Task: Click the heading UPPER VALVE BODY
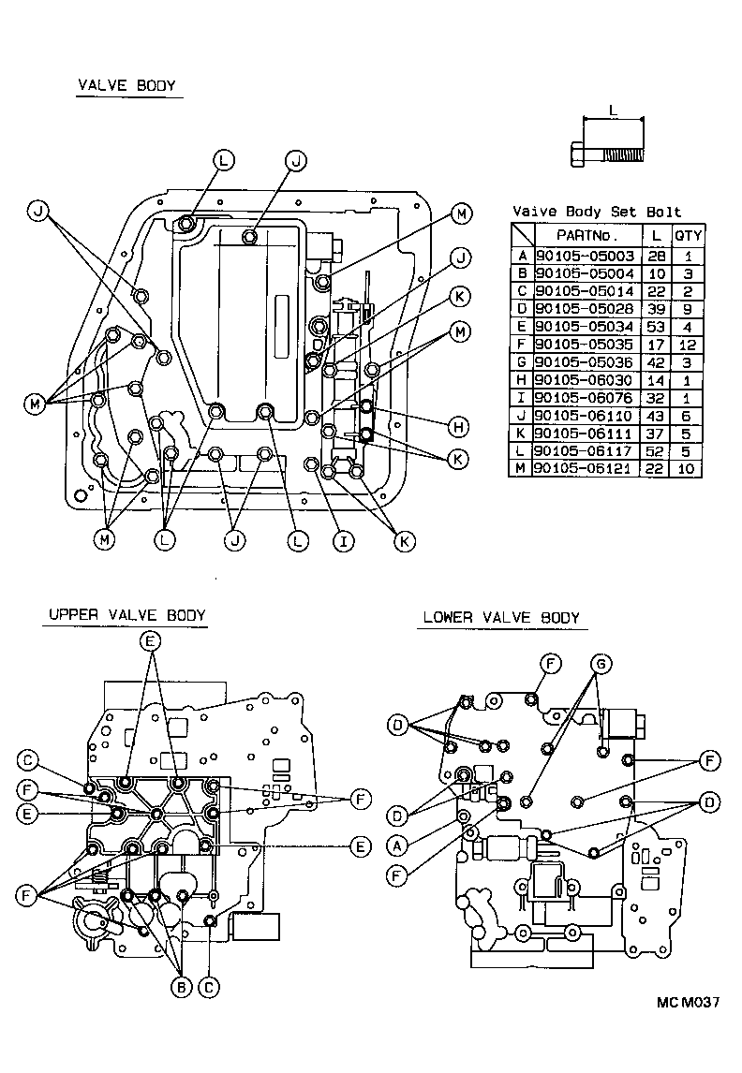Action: (x=126, y=615)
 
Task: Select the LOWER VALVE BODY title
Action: (x=500, y=617)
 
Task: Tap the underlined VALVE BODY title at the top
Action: (x=126, y=86)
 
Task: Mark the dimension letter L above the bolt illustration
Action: (x=613, y=110)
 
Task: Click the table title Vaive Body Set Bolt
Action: (x=597, y=212)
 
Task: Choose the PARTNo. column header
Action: (x=587, y=235)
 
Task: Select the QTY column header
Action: (x=689, y=235)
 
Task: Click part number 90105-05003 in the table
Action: (x=587, y=256)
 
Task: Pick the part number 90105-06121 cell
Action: (x=587, y=468)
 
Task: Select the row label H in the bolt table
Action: (x=522, y=379)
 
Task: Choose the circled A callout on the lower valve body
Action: (x=397, y=845)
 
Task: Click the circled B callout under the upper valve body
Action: (x=180, y=986)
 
